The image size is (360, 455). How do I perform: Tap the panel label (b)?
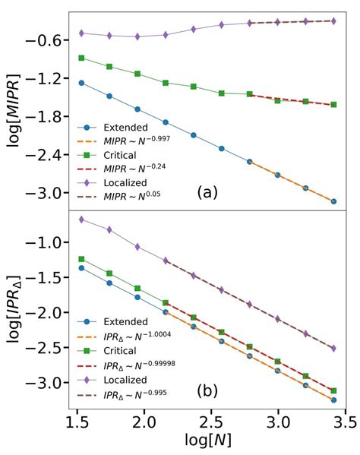[207, 392]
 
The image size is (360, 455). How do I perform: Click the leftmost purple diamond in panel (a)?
[81, 33]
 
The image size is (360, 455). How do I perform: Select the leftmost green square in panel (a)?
[81, 58]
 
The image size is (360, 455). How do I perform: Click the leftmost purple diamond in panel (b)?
[81, 220]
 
